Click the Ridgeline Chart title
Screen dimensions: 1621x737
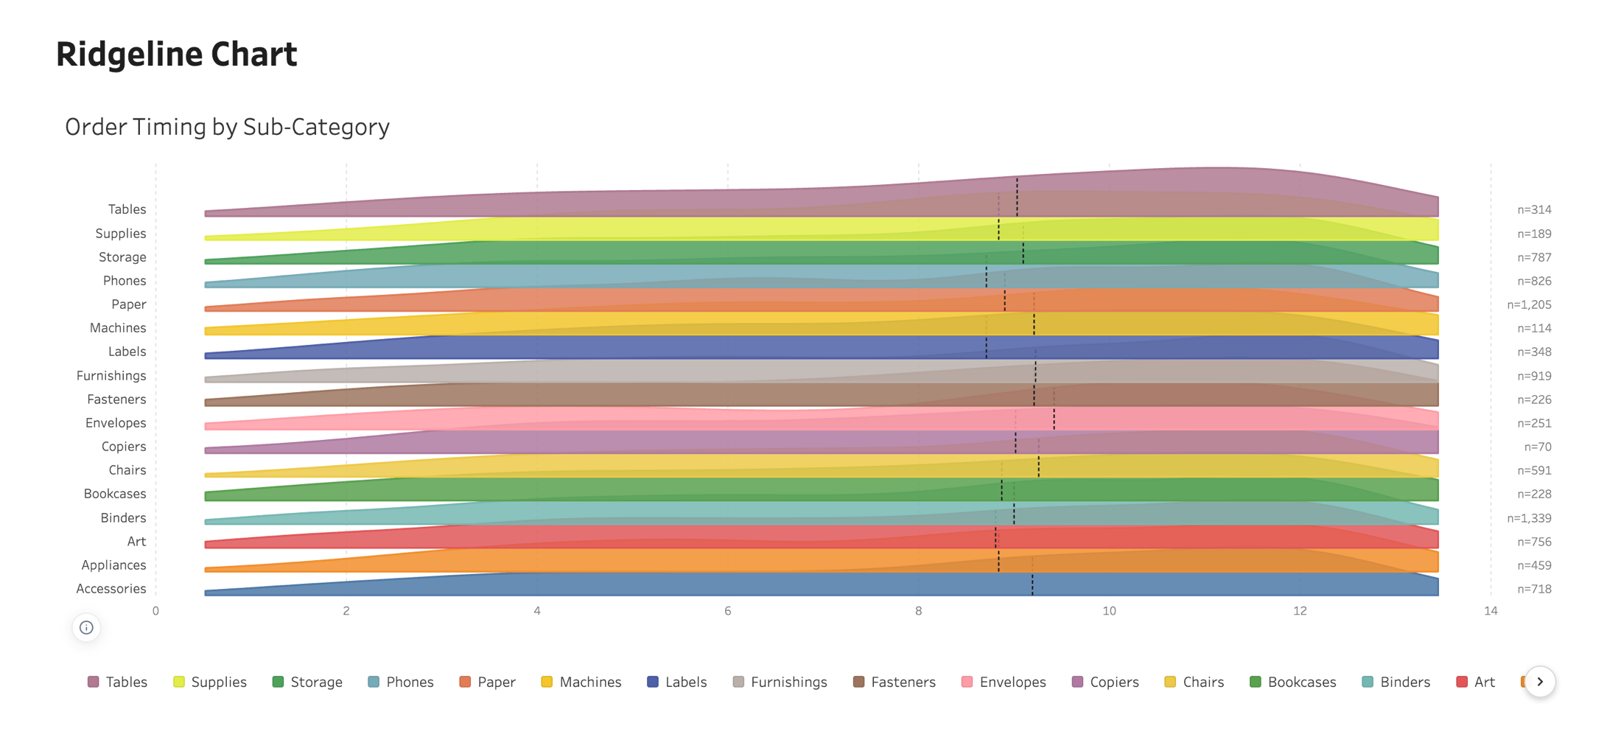(x=177, y=55)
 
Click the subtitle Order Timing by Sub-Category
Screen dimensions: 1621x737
(x=227, y=127)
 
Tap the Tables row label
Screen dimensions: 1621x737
(x=127, y=209)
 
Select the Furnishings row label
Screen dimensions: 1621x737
(x=111, y=376)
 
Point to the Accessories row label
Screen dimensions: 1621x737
(x=111, y=589)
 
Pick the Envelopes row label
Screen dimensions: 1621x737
(x=116, y=423)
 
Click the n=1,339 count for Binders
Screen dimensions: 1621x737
(x=1529, y=518)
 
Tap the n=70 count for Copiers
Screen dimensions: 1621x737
(x=1538, y=447)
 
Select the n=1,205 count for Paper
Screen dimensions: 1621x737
(x=1529, y=304)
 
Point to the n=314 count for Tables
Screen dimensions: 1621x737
(x=1534, y=210)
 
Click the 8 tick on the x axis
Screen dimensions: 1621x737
(x=918, y=611)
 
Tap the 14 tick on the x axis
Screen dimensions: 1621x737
(x=1491, y=611)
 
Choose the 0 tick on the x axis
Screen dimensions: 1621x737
(x=155, y=611)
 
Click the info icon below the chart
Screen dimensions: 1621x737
(x=86, y=628)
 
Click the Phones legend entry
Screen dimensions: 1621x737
(x=401, y=682)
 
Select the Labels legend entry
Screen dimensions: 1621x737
(x=676, y=682)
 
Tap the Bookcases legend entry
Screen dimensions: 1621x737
(x=1293, y=682)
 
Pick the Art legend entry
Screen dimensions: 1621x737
(x=1476, y=682)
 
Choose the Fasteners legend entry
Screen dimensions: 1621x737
(x=894, y=682)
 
